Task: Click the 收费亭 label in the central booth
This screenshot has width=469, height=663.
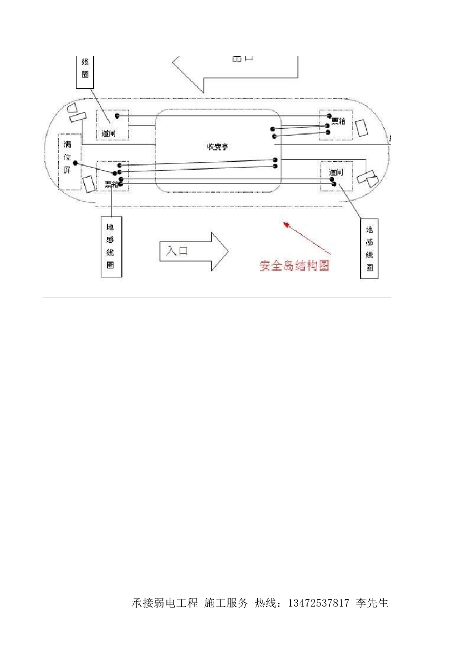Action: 217,147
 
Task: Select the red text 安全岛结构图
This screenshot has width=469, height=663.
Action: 294,265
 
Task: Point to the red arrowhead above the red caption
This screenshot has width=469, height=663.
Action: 286,225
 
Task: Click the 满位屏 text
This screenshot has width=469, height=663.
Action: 68,157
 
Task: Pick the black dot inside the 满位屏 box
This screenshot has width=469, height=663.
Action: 75,163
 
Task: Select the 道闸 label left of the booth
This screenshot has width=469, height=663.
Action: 109,133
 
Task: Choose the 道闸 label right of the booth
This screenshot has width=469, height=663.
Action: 336,172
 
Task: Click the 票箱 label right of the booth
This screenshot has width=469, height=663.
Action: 338,121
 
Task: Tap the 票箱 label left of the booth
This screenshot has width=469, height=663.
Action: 111,184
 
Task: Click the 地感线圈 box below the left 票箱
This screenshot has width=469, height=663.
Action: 111,246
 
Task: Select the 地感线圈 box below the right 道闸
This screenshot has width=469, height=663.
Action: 369,249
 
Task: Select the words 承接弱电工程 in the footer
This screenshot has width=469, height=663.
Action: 165,603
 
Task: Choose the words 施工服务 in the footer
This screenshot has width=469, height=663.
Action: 226,603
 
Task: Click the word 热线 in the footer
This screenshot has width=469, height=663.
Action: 266,603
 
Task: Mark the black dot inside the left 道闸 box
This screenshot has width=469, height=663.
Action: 117,116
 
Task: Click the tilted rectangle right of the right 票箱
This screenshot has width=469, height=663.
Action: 361,127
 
